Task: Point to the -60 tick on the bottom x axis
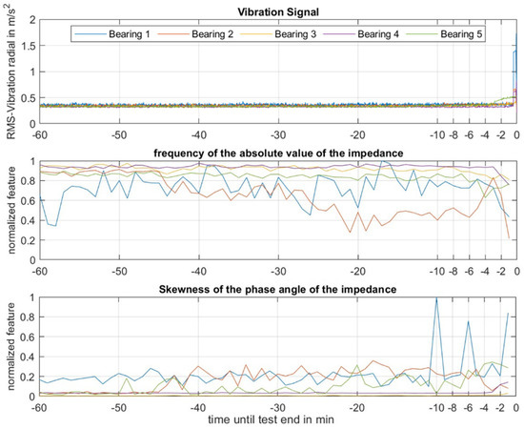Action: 39,406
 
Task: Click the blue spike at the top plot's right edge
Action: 515,38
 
